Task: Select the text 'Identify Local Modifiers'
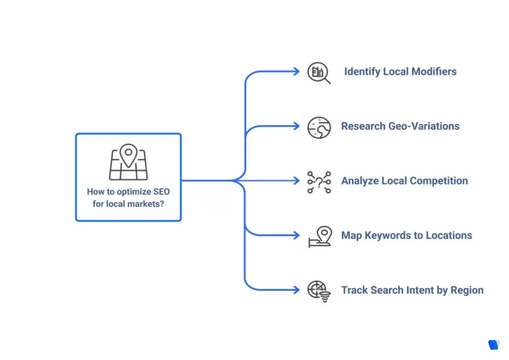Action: [x=400, y=72]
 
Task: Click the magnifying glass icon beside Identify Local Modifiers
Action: [x=319, y=73]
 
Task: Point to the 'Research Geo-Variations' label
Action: [x=400, y=126]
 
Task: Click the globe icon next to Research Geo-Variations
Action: [x=319, y=127]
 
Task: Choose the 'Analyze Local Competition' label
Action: [x=404, y=181]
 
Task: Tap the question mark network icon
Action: [x=319, y=182]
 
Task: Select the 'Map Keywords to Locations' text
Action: [x=407, y=236]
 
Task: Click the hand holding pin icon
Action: [x=319, y=237]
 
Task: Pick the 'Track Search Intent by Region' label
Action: [x=412, y=290]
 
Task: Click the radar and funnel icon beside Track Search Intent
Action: [x=319, y=291]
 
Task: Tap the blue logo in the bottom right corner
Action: [x=493, y=345]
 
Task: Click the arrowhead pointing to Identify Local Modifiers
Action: [x=297, y=72]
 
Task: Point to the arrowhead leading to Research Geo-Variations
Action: [x=297, y=126]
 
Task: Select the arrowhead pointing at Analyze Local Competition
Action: [x=297, y=181]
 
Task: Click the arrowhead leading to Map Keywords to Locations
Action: [x=297, y=235]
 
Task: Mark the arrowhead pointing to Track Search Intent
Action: [x=297, y=290]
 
